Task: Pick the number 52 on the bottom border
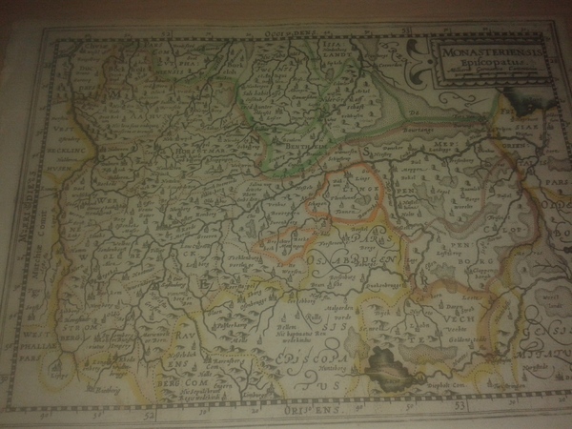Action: pos(144,417)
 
